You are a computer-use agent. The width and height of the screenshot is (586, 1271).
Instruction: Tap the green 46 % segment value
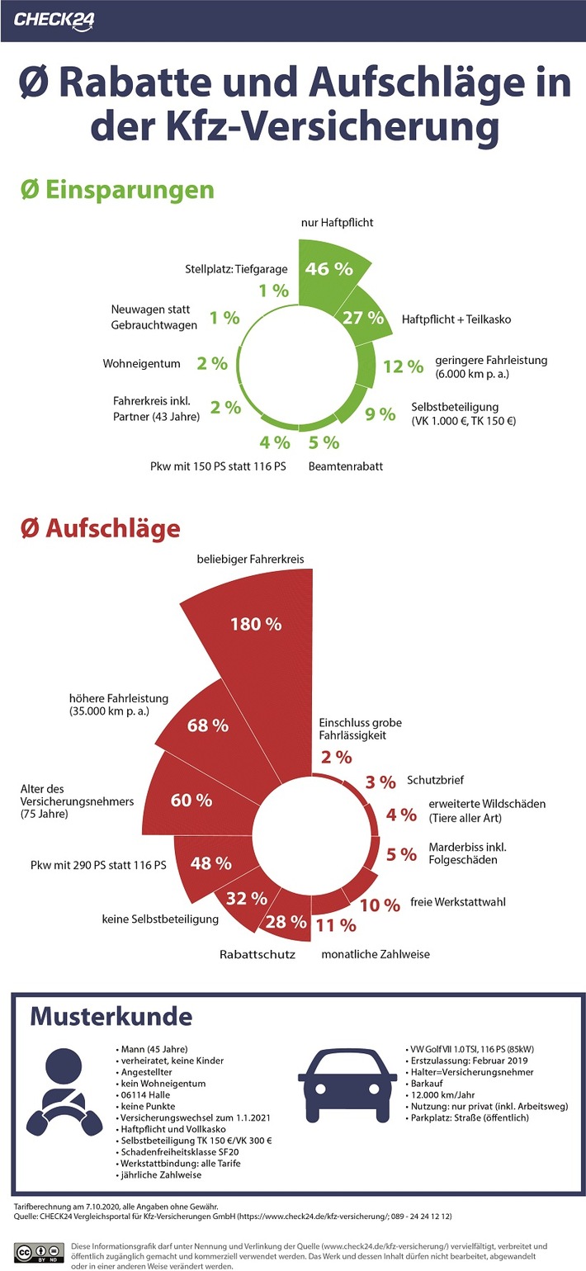coord(328,269)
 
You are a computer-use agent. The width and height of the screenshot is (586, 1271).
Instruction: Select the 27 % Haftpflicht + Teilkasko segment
coord(363,317)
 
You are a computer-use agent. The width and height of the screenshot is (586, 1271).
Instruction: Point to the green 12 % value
coord(404,366)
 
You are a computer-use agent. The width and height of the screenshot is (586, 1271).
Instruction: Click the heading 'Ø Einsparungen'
coord(117,189)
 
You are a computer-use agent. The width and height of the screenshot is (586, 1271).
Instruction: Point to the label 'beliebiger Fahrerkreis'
coord(250,560)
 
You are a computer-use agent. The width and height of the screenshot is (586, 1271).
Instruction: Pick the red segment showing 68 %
coord(208,725)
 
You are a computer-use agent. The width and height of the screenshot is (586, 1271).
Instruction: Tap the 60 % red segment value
coord(191,800)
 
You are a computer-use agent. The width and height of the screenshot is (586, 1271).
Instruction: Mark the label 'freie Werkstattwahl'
coord(458,902)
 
